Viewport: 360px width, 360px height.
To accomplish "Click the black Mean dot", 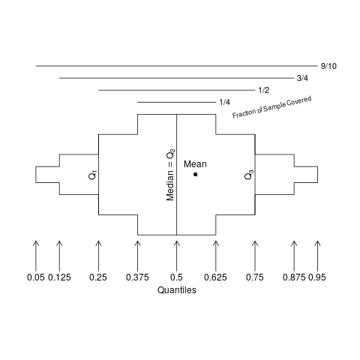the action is [196, 175].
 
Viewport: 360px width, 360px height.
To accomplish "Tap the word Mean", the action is [195, 164].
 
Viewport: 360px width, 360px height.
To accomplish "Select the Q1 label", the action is [93, 175].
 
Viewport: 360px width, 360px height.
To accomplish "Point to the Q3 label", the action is [249, 175].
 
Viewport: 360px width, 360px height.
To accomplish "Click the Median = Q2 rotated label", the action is [170, 175].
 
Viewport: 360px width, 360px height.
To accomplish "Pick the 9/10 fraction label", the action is [328, 66].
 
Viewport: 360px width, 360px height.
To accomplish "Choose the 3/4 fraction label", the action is [302, 78].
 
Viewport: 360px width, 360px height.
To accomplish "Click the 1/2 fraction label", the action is [264, 90].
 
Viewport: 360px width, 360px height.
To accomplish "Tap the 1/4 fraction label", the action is [225, 102].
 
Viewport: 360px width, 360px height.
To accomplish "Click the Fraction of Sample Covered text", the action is [272, 107].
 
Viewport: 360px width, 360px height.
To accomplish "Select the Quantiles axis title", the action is [177, 290].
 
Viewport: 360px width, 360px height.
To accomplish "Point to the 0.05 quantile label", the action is [36, 277].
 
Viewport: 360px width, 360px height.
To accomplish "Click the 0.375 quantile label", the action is [137, 277].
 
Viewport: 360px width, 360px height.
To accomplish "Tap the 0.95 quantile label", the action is [317, 277].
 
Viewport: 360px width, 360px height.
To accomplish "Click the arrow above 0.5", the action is [177, 256].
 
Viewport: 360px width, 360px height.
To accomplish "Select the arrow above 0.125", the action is [59, 256].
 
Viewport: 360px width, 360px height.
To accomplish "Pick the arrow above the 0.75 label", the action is [255, 256].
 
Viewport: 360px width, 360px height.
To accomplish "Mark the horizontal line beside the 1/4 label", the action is [176, 102].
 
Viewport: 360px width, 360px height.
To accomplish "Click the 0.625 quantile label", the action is [215, 277].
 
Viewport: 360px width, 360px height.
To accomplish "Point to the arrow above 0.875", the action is [294, 256].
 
